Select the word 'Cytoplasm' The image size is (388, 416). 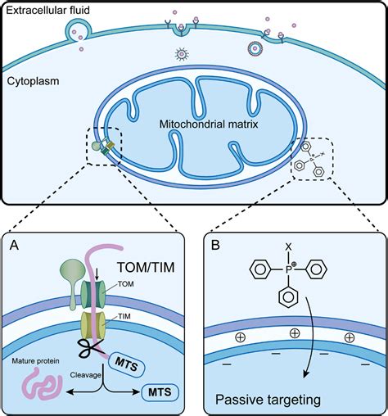[29, 82]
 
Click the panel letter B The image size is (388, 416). [215, 244]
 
